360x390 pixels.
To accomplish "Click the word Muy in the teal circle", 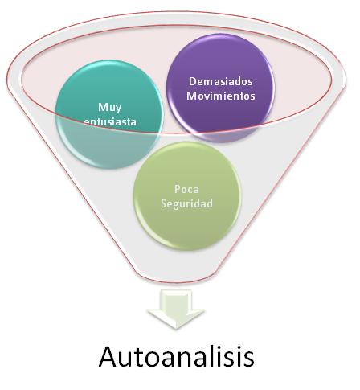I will pyautogui.click(x=108, y=107).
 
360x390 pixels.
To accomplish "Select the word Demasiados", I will pyautogui.click(x=215, y=81).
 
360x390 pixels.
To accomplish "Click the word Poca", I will pyautogui.click(x=187, y=190).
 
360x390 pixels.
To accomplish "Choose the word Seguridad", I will pyautogui.click(x=187, y=204).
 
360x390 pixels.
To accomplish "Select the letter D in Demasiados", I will pyautogui.click(x=190, y=81).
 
